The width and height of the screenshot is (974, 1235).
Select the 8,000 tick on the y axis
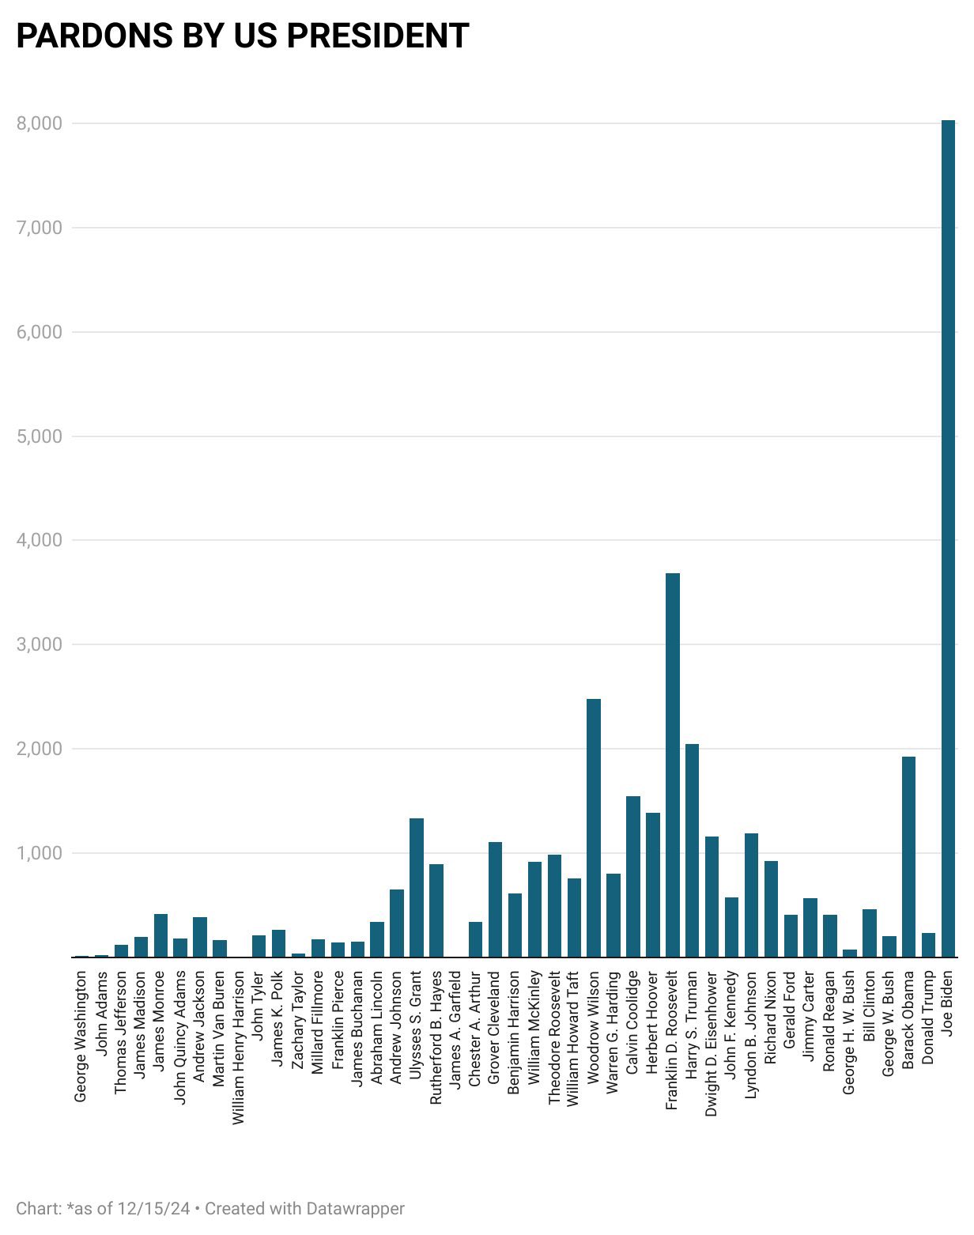tap(39, 123)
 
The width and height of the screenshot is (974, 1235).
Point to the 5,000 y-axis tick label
tap(39, 436)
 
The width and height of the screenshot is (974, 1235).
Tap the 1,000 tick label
tap(39, 853)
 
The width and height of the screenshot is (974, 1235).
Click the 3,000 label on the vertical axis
tap(39, 644)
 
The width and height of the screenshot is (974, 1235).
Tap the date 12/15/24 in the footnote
tap(153, 1209)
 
